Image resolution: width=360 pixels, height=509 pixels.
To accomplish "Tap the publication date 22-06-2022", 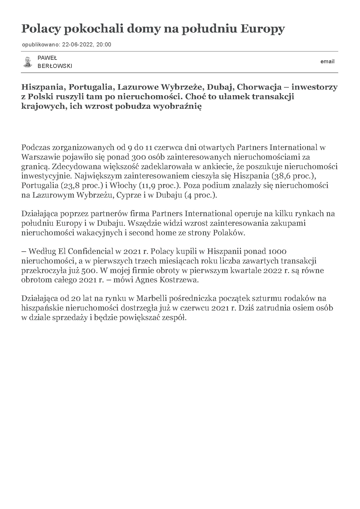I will [78, 45].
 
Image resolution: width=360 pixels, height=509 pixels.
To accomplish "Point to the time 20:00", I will [104, 45].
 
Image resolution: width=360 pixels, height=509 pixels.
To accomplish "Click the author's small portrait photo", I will [28, 62].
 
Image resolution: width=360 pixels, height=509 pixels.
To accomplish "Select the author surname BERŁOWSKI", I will [55, 66].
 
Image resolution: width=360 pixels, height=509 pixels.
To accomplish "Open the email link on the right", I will [327, 62].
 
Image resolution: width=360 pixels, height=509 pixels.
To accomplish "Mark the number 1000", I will [277, 251].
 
